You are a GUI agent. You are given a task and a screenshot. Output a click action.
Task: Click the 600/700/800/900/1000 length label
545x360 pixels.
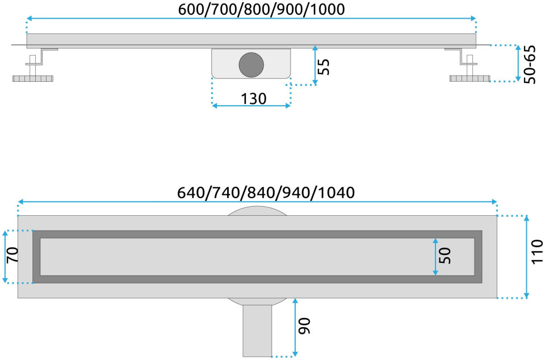(x=261, y=9)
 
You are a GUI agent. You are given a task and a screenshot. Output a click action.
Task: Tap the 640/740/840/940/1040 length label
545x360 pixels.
(x=266, y=192)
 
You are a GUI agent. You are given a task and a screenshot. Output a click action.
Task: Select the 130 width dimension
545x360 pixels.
(x=254, y=99)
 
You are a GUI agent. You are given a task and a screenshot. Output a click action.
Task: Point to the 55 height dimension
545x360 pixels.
(x=324, y=66)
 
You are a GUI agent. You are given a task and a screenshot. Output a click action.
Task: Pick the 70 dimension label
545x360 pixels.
(x=12, y=255)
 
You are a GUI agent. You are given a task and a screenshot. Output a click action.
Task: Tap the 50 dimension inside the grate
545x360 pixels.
(x=445, y=256)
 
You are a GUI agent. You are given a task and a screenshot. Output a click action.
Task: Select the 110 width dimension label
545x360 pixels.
(x=537, y=252)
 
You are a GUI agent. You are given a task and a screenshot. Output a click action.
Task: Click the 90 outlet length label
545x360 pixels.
(x=304, y=326)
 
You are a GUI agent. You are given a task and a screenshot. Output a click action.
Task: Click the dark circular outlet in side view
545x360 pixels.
(x=251, y=65)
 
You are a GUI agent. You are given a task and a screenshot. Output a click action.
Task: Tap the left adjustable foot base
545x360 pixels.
(x=33, y=78)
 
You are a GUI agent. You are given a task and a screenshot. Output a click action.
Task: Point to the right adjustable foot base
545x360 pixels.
(x=469, y=78)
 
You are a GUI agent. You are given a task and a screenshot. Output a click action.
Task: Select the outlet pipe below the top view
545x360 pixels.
(x=257, y=330)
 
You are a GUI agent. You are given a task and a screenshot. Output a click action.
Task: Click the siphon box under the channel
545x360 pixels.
(x=251, y=64)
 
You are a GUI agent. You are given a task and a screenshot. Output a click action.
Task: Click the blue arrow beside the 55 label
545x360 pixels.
(x=315, y=65)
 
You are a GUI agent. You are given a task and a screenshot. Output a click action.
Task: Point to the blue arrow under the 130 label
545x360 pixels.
(x=251, y=106)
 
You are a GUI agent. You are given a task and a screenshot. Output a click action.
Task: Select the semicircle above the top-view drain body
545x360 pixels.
(x=258, y=211)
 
